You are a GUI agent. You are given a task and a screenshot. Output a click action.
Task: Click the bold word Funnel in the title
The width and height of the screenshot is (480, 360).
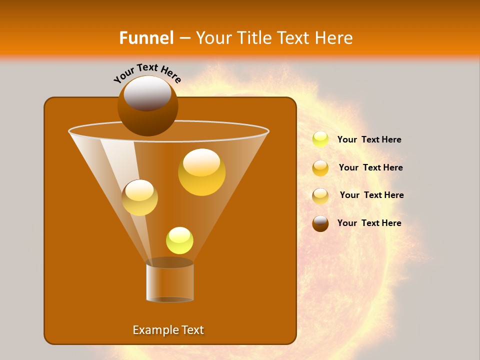(146, 38)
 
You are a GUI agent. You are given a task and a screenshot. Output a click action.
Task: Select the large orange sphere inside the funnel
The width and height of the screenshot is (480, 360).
(201, 172)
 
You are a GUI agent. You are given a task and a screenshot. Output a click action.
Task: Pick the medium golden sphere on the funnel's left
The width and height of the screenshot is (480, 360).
(139, 197)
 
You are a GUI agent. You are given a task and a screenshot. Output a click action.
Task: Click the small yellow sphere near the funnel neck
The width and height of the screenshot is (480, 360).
(179, 240)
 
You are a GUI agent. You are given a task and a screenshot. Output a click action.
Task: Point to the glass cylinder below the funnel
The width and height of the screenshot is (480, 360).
(170, 282)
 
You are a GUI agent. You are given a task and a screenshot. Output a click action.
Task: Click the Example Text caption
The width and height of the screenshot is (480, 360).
(168, 330)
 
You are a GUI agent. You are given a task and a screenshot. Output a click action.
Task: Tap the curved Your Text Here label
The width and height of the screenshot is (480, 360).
(147, 73)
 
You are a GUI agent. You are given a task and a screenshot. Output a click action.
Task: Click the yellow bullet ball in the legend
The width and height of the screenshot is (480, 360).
(320, 139)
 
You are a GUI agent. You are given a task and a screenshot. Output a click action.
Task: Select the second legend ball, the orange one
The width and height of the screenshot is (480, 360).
(320, 167)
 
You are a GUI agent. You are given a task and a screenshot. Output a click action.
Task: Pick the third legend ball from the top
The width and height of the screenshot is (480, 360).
(320, 195)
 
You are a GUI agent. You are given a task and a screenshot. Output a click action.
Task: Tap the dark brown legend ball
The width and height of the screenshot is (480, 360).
(320, 223)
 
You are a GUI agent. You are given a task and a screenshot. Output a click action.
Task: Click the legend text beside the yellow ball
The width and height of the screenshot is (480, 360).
(369, 139)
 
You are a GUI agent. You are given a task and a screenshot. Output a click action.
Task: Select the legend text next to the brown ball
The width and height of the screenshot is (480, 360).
(369, 223)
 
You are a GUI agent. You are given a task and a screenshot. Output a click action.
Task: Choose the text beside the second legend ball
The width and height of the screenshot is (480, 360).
(370, 167)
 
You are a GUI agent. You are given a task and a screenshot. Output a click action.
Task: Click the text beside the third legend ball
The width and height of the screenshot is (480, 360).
(371, 195)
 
